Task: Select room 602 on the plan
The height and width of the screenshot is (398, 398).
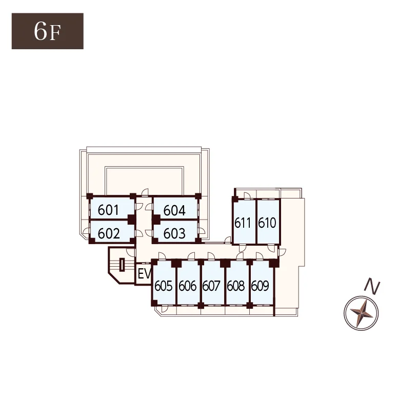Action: click(x=112, y=231)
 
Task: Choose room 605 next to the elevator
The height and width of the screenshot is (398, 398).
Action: click(x=164, y=282)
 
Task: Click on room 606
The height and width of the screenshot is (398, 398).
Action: click(x=188, y=282)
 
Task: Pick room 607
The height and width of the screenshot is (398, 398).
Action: click(x=212, y=282)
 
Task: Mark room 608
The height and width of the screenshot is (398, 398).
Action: click(x=236, y=282)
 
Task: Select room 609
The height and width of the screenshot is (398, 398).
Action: click(x=261, y=282)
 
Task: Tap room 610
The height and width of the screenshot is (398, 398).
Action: click(x=268, y=222)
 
